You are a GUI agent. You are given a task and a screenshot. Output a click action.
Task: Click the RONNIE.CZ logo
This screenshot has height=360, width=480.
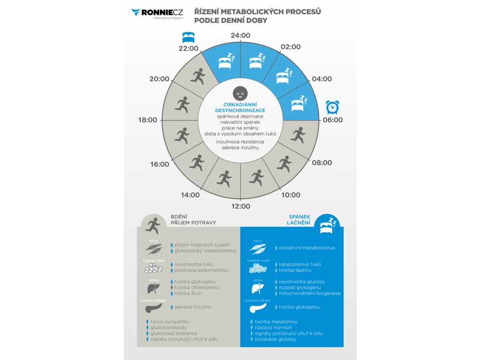(x=157, y=13)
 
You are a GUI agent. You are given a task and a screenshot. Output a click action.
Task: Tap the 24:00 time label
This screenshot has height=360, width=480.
(x=240, y=36)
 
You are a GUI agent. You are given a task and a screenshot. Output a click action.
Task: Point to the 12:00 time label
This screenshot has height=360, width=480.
(x=240, y=206)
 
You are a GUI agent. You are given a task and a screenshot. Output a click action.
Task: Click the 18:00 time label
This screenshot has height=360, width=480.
(x=148, y=120)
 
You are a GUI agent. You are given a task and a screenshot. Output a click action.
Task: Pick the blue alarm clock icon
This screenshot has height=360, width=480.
(x=332, y=107)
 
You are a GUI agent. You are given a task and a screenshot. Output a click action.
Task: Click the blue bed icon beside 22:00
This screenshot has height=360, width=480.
(x=187, y=37)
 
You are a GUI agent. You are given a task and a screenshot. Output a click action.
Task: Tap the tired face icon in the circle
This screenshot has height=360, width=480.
(x=240, y=92)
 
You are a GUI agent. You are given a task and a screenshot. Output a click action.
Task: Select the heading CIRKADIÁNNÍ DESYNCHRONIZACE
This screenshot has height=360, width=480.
(x=240, y=107)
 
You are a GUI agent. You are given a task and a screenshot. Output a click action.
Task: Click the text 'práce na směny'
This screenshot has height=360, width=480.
(x=240, y=127)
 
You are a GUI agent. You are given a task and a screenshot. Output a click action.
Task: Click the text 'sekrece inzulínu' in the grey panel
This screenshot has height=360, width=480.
(x=193, y=307)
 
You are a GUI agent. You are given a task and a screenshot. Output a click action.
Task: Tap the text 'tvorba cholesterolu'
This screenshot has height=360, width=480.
(x=197, y=287)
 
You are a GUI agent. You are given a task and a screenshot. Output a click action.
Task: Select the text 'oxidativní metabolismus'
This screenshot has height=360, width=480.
(x=307, y=247)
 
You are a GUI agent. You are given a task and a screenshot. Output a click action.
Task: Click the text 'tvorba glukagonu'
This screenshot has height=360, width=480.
(x=300, y=307)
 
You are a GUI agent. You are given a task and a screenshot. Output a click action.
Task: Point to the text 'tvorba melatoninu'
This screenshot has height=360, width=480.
(x=276, y=322)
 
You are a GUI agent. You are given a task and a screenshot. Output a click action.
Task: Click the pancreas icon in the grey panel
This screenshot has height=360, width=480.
(x=154, y=308)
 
